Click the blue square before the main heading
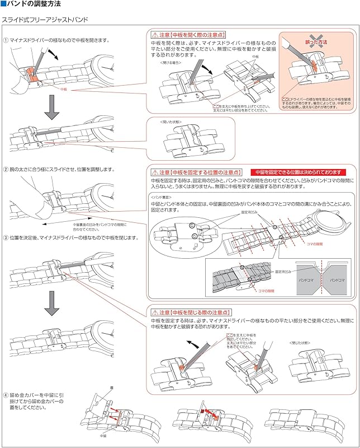tap(3, 4)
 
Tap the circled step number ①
tap(5, 40)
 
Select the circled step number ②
tap(5, 169)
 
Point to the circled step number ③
tap(5, 237)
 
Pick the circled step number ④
tap(5, 396)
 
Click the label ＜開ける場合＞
tap(170, 62)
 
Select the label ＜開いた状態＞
tap(170, 122)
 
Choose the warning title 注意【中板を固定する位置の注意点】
tap(197, 172)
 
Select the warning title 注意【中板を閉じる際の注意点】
tap(193, 312)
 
